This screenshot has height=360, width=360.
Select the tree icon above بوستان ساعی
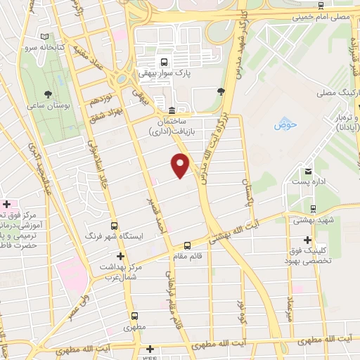point(47,93)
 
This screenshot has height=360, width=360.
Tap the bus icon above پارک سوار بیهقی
point(163,60)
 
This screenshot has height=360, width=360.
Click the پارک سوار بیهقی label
point(164,72)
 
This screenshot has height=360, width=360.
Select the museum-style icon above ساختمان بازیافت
point(172,110)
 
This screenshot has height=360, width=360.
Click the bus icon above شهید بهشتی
point(314,208)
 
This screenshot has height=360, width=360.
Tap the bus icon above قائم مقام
point(187,245)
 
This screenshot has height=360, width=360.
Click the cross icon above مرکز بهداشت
point(121,256)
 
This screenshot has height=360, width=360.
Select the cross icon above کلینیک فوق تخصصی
point(307,241)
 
